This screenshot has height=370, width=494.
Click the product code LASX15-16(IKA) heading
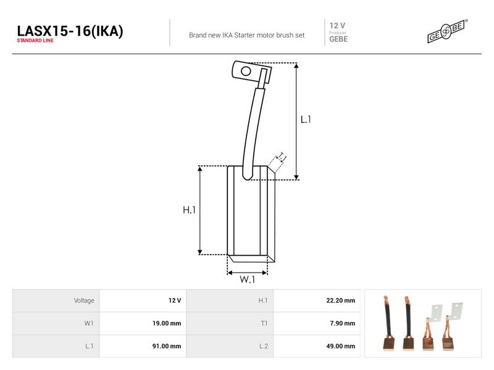click(x=70, y=31)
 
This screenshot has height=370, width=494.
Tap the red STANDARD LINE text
click(x=35, y=41)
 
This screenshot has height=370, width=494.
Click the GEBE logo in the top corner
click(x=447, y=31)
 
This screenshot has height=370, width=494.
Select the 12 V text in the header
click(x=337, y=25)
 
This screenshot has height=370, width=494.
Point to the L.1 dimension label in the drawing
click(x=306, y=120)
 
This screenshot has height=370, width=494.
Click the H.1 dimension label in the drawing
click(x=189, y=210)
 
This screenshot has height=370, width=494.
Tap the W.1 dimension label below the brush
click(x=248, y=279)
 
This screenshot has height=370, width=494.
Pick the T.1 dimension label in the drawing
click(x=282, y=157)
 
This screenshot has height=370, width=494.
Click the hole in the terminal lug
click(x=246, y=72)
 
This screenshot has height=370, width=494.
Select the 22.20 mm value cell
click(x=317, y=300)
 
